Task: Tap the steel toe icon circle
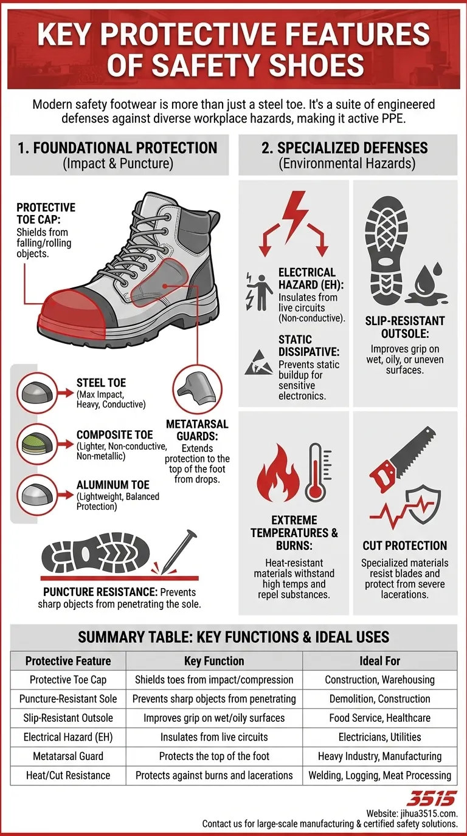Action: pos(37,393)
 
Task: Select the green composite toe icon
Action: pos(37,444)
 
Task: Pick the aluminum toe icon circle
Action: pos(37,495)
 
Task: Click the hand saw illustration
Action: pos(402,457)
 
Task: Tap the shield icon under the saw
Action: pos(424,505)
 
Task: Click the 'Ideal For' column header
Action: pos(379,661)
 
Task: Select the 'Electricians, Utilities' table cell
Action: pos(379,737)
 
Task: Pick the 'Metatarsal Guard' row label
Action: pos(68,756)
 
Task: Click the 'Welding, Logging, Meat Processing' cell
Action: pos(379,775)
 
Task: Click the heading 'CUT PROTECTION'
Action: pos(405,545)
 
